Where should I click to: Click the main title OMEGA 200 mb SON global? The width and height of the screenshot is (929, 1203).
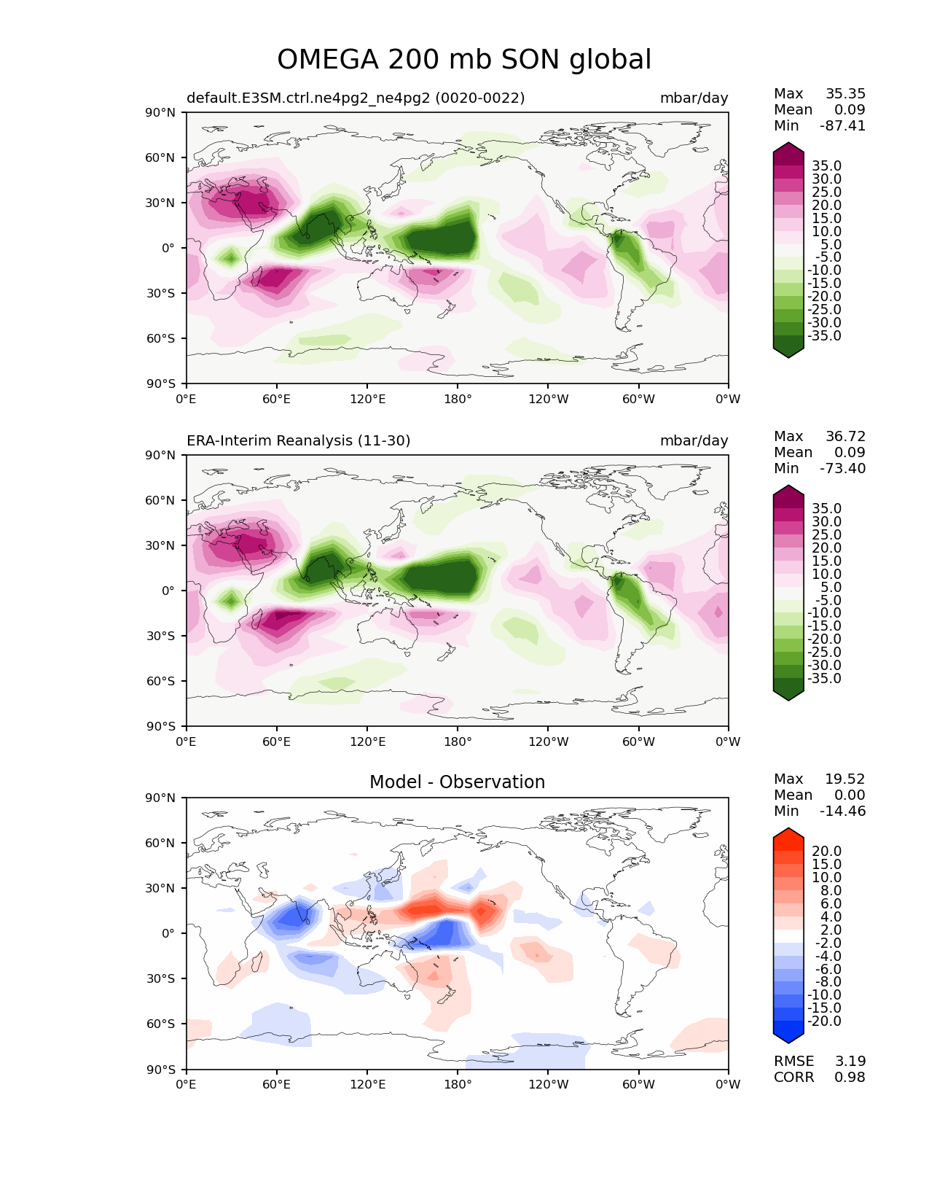point(464,60)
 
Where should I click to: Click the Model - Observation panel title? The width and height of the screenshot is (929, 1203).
point(457,782)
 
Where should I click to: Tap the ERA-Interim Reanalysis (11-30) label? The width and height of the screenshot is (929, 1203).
point(299,440)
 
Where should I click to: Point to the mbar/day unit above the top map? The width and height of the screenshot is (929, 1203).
point(694,98)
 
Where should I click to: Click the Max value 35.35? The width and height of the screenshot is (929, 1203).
point(845,93)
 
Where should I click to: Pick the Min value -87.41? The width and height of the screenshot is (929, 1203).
point(843,125)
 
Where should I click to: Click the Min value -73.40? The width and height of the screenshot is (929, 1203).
point(843,468)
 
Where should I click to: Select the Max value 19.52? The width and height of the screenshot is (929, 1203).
point(845,779)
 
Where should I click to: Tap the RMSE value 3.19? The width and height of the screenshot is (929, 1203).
point(850,1061)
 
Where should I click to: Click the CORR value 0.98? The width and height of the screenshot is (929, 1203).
point(850,1077)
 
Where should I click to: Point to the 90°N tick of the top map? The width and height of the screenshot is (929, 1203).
point(161,112)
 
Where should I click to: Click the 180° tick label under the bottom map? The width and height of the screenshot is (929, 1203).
point(458,1084)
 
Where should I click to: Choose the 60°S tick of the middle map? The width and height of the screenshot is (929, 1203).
point(161,681)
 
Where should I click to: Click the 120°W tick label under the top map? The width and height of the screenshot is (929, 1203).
point(548,399)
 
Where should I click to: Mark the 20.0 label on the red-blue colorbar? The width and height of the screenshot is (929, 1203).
point(826,851)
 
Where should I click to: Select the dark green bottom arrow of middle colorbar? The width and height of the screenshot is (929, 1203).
point(788,694)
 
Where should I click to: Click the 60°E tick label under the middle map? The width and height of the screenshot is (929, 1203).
point(277,741)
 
